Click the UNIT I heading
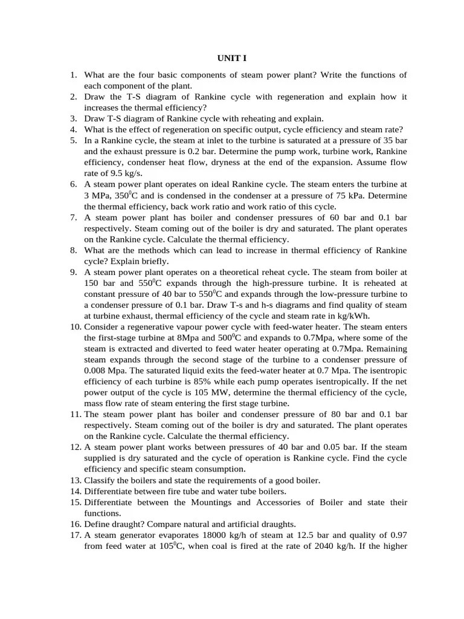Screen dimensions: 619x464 click(x=231, y=59)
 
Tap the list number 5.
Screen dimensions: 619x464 click(x=72, y=141)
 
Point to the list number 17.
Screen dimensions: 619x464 click(x=74, y=535)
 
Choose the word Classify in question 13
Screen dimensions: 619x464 click(x=100, y=480)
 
